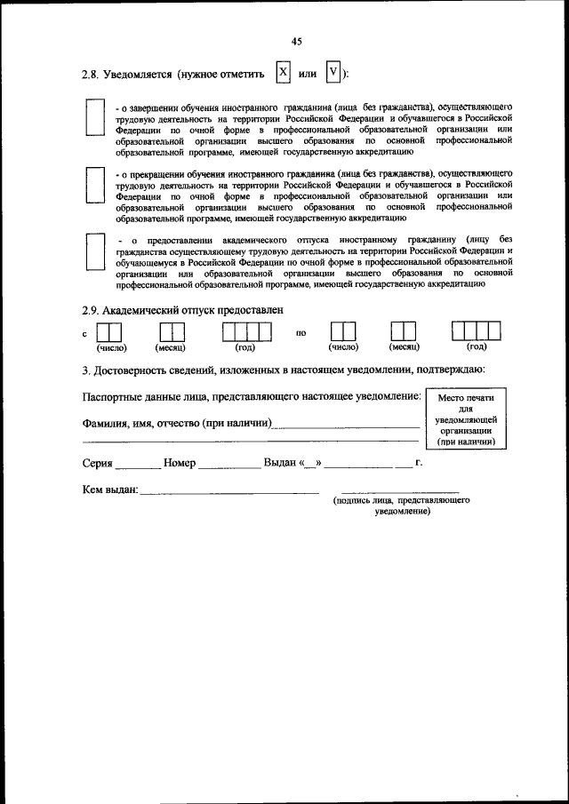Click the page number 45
[297, 41]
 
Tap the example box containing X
[283, 72]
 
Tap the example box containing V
[333, 72]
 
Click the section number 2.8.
[90, 74]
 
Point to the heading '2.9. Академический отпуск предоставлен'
[181, 309]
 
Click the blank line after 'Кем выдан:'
[228, 492]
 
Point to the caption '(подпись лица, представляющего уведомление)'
[402, 506]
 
